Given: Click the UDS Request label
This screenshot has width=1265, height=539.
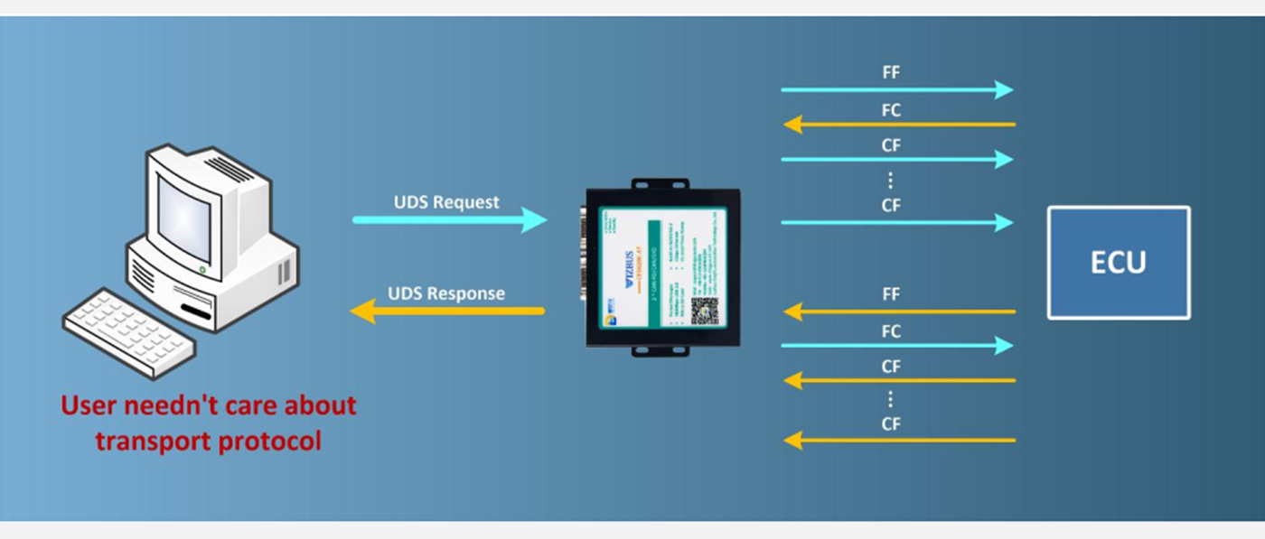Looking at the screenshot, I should tap(446, 202).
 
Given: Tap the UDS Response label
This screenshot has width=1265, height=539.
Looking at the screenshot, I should tap(446, 293).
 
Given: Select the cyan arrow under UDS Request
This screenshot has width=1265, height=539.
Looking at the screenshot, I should tap(449, 219).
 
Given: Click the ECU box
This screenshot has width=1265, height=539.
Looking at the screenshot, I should tap(1119, 263).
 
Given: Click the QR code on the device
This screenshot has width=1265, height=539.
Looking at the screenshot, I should tap(705, 311).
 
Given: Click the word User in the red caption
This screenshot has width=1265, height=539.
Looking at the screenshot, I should tap(89, 405).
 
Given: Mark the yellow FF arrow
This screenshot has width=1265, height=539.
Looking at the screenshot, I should tap(899, 311).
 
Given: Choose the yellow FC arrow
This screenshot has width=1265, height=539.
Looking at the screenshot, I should tap(899, 124).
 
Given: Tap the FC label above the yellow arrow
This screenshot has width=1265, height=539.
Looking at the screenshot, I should tap(891, 110).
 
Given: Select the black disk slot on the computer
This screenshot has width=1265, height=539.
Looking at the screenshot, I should tap(197, 312).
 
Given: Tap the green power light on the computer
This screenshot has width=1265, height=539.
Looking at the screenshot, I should tap(201, 269).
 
